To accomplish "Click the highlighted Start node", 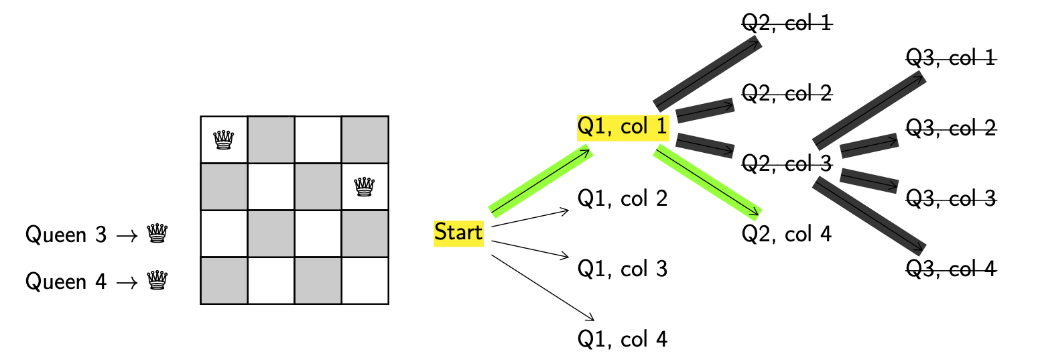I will click(x=458, y=233).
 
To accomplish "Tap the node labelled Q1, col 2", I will click(x=623, y=198).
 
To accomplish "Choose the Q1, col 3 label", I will click(x=623, y=269).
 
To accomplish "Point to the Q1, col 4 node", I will click(x=623, y=339).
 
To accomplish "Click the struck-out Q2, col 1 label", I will click(x=787, y=23).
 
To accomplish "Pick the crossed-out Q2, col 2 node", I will click(x=787, y=94).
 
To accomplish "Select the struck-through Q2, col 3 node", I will click(x=787, y=163).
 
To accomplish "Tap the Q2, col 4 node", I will click(x=787, y=234).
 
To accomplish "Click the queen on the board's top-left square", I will click(x=224, y=139).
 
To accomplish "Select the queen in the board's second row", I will click(x=365, y=186).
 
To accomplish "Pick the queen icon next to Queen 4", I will click(x=157, y=280).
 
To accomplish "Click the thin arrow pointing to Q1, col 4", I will click(x=543, y=288).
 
